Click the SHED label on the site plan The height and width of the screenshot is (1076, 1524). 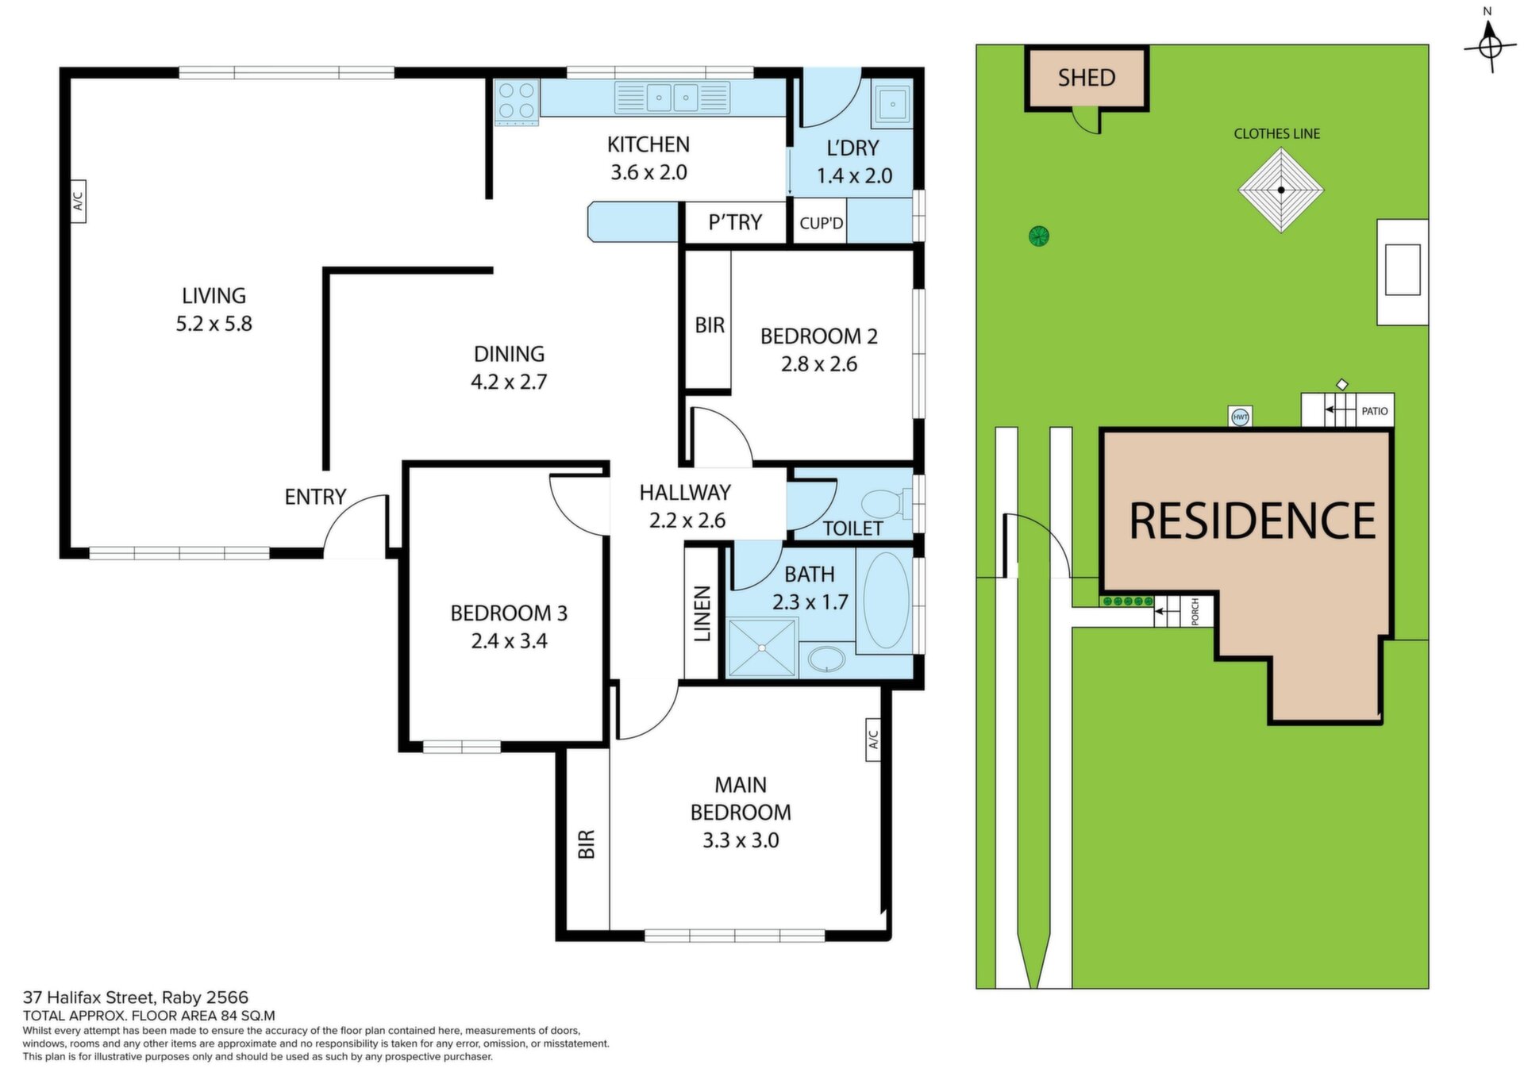[1087, 78]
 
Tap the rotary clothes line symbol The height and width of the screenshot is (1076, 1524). [1281, 190]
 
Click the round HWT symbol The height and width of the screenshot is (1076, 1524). [1240, 417]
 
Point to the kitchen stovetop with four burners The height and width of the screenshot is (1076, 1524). [516, 102]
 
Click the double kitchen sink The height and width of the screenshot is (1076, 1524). [672, 98]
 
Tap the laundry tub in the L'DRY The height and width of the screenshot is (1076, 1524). [893, 103]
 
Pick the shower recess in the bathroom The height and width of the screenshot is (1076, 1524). [762, 648]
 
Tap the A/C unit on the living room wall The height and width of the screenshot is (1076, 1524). [78, 202]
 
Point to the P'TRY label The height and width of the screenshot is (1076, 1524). [735, 222]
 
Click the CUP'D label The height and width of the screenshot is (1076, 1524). [822, 223]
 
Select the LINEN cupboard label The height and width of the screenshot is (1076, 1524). [702, 613]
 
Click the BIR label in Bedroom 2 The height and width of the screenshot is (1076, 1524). [710, 325]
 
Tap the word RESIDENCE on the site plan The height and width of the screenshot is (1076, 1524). [1253, 521]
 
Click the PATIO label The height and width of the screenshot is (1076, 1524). [1375, 411]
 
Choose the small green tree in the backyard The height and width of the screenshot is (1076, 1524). [1038, 236]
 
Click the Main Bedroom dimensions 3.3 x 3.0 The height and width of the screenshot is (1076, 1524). [741, 840]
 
